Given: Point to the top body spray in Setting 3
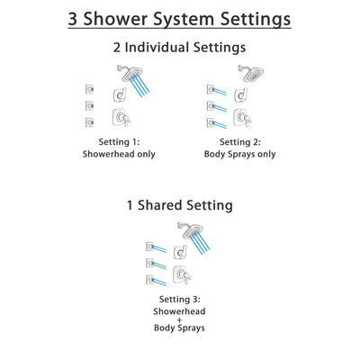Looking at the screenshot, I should tap(150, 245).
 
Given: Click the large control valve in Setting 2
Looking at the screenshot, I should tap(241, 121).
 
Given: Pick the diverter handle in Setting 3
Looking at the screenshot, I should tap(180, 251).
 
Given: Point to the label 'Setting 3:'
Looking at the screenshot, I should tap(180, 299).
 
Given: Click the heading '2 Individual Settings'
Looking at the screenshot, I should tap(180, 48).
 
